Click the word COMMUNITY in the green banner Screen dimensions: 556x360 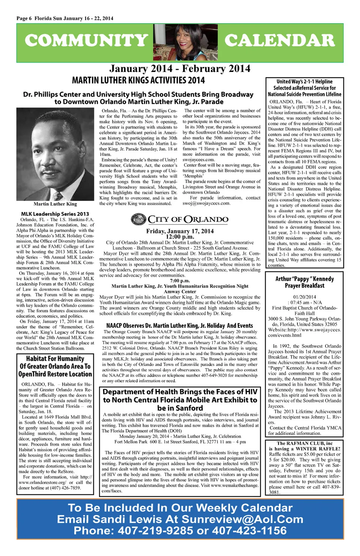tap(87, 40)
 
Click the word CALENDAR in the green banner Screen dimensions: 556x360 tap(279, 40)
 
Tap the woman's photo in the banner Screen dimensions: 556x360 tap(186, 42)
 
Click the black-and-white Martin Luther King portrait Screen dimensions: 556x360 tap(55, 154)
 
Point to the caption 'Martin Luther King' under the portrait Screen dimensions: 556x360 tap(55, 204)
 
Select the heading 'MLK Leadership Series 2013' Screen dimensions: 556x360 tap(55, 214)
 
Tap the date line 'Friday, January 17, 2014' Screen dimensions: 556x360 tap(180, 231)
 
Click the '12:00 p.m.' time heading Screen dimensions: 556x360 tap(180, 237)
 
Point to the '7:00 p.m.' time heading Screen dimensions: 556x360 tap(180, 280)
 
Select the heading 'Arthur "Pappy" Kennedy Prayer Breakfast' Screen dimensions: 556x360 tap(304, 282)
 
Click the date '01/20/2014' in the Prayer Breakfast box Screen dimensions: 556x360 tap(304, 297)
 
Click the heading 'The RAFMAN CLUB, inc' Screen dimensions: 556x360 tap(304, 443)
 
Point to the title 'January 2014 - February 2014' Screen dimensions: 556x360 tap(180, 69)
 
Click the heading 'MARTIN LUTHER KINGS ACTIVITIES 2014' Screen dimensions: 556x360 tap(138, 80)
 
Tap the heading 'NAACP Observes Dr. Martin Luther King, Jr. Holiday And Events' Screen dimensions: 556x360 tap(180, 325)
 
